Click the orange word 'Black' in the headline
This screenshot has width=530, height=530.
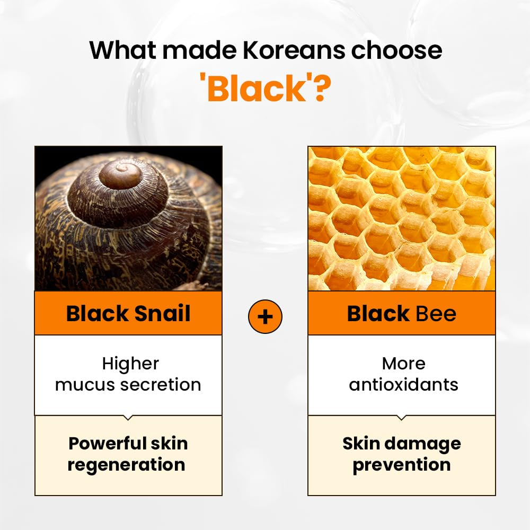(x=256, y=89)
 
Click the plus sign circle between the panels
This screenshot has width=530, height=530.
(x=265, y=316)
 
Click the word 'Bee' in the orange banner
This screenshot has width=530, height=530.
(x=436, y=313)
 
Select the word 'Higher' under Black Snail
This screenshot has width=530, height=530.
(x=130, y=364)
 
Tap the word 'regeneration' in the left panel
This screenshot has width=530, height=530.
(x=127, y=465)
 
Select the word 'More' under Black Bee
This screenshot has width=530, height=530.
(x=403, y=364)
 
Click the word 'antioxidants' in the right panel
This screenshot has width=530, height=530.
(x=403, y=384)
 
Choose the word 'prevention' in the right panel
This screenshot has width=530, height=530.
(x=402, y=465)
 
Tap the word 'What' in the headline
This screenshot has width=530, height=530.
(x=122, y=50)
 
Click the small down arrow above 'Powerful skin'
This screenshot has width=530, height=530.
(x=128, y=418)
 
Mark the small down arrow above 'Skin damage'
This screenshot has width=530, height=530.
(x=402, y=418)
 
